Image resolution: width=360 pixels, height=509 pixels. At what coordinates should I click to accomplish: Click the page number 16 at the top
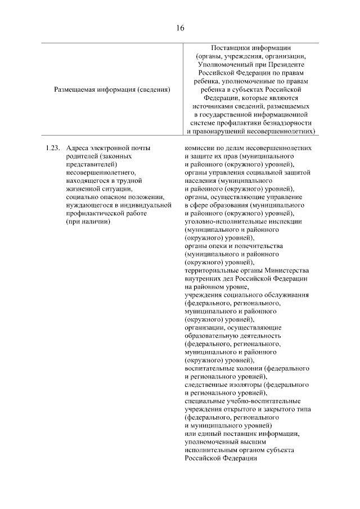(180, 28)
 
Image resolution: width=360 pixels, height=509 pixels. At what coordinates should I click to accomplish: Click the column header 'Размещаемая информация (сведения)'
(112, 89)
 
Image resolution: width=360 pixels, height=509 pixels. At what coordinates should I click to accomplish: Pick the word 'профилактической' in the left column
(93, 214)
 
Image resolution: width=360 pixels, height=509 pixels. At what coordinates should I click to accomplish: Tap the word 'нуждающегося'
(88, 205)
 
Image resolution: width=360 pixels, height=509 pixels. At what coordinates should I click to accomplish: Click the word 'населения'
(200, 181)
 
